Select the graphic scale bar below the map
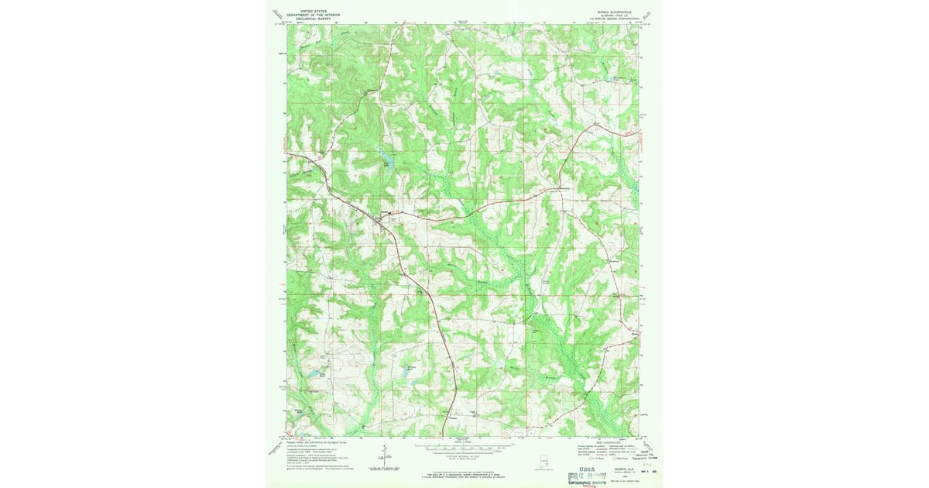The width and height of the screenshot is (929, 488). (462, 447)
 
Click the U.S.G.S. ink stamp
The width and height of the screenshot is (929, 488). (587, 473)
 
